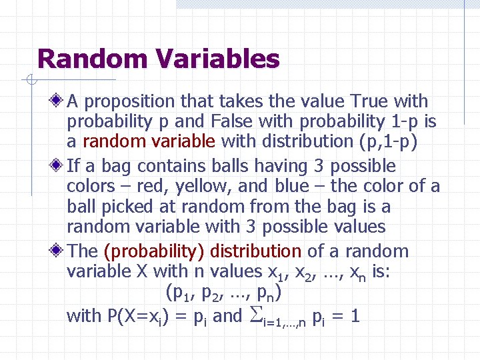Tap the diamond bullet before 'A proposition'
click(58, 102)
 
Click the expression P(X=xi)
click(139, 315)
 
